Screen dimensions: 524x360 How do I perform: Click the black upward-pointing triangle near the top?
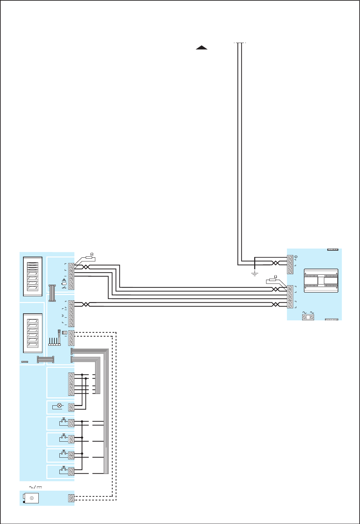(x=202, y=47)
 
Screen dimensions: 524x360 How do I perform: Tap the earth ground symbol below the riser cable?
(x=255, y=274)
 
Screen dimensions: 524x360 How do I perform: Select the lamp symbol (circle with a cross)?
(x=60, y=405)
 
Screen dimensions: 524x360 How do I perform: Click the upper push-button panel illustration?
(x=33, y=276)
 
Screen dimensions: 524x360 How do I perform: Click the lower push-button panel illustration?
(x=33, y=333)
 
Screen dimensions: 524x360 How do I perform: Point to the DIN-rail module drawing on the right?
(x=321, y=281)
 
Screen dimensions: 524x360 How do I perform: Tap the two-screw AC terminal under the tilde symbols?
(x=308, y=317)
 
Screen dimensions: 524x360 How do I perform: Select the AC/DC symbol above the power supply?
(x=35, y=487)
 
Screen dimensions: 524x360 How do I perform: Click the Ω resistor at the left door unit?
(x=89, y=257)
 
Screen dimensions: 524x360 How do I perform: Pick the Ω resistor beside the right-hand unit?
(x=273, y=280)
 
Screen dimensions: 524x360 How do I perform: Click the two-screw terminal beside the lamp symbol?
(x=71, y=407)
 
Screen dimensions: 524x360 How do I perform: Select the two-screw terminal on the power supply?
(x=71, y=498)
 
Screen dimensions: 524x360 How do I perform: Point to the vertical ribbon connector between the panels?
(x=52, y=293)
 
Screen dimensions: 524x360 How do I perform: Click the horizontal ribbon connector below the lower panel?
(x=45, y=359)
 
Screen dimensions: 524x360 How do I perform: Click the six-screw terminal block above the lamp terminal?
(x=71, y=384)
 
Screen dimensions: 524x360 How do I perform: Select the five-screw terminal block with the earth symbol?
(x=290, y=265)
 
